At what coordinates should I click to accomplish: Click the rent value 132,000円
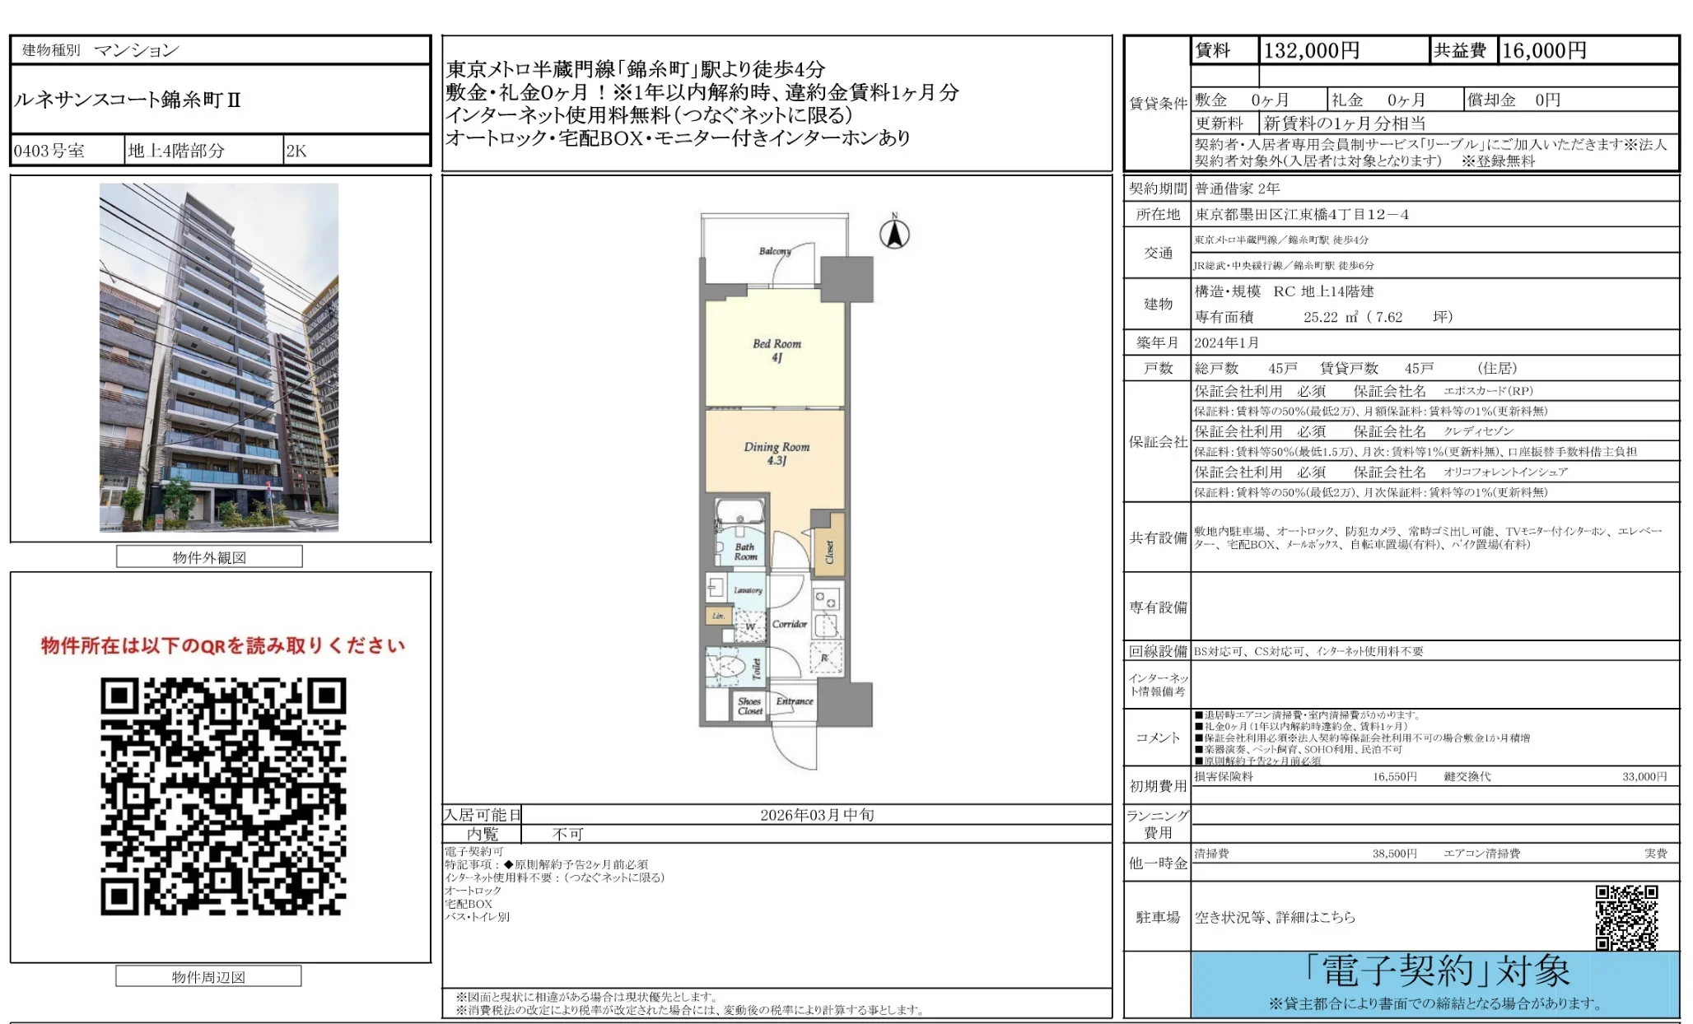[1311, 51]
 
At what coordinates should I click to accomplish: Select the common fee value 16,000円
[1544, 51]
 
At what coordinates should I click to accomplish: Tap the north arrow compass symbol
[894, 233]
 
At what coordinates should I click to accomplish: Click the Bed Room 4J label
[777, 350]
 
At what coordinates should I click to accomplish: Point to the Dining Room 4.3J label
[777, 453]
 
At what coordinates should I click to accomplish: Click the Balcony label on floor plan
[774, 251]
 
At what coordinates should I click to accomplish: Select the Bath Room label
[745, 552]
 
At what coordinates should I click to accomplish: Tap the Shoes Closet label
[750, 706]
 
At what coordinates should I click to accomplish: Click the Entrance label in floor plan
[795, 701]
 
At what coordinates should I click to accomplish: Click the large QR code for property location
[223, 796]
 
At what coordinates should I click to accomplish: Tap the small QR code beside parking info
[1626, 917]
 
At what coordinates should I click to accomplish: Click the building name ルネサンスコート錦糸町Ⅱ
[128, 100]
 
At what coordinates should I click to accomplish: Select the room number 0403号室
[49, 151]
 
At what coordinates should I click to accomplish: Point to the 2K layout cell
[296, 151]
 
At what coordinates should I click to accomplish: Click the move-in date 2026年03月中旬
[817, 815]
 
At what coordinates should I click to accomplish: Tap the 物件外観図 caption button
[209, 557]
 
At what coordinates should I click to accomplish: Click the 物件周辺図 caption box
[208, 977]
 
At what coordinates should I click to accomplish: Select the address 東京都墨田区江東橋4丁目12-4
[1302, 215]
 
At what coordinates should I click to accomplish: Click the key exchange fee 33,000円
[1644, 776]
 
